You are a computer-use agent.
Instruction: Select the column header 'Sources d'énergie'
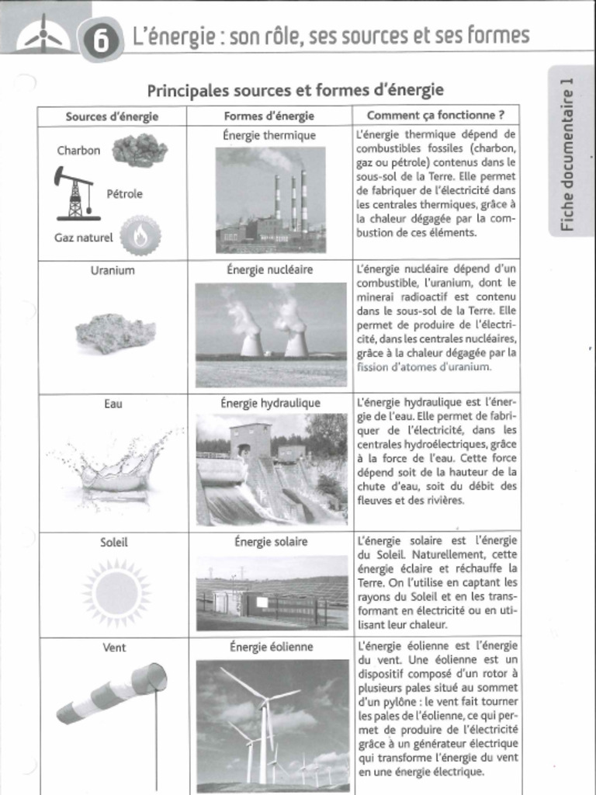112,116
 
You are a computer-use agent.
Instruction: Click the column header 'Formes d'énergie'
269,116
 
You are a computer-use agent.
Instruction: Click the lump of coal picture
140,150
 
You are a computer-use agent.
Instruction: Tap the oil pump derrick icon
74,193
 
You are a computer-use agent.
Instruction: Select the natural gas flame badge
140,236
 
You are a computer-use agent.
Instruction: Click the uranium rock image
115,333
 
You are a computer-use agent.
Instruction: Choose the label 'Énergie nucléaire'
269,270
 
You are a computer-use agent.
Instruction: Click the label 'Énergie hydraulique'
270,404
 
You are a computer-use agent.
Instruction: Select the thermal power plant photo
270,200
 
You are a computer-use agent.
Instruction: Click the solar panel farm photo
272,592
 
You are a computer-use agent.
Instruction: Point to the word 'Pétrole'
124,193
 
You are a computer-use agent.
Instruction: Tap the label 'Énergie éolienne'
271,647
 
